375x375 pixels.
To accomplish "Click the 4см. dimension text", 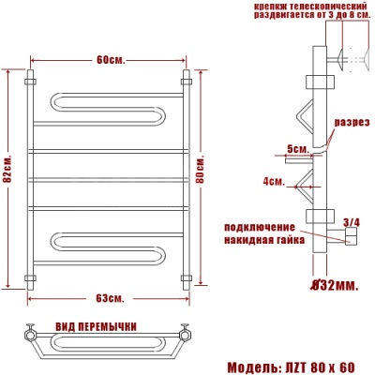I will pos(273,180).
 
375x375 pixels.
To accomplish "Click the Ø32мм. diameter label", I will pos(335,284).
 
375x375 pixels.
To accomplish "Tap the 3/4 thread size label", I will pos(352,221).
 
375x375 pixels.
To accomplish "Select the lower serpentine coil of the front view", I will pos(103,247).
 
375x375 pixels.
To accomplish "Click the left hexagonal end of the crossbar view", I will pos(31,332).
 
